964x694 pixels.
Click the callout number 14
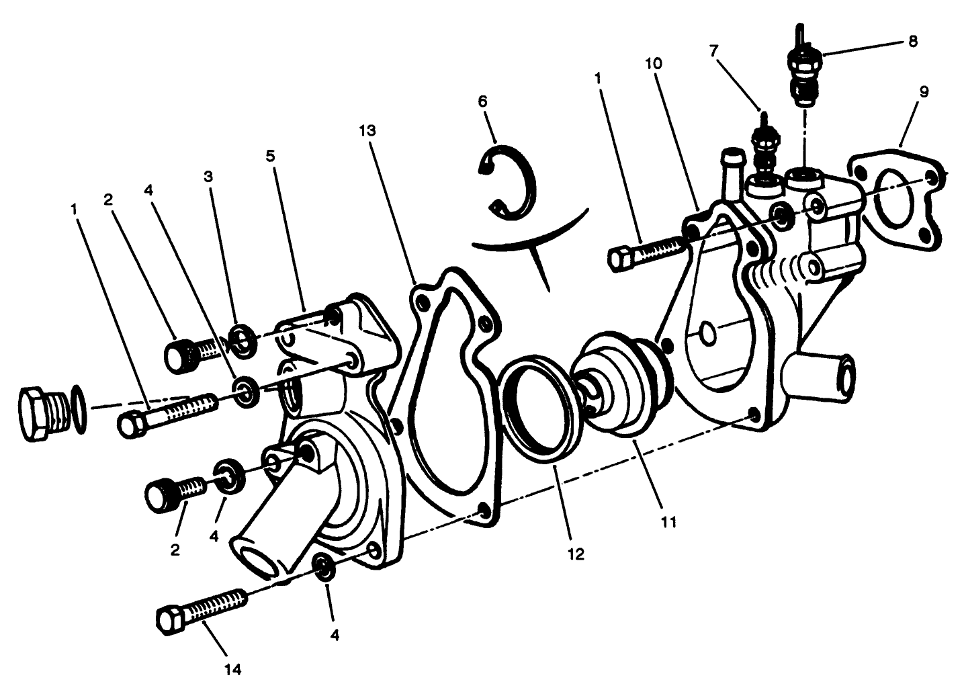point(233,669)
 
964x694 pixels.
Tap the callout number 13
point(367,130)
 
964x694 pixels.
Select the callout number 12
point(576,554)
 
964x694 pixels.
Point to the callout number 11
point(668,522)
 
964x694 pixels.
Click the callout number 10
point(653,64)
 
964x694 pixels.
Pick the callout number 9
point(924,91)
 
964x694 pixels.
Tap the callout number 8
point(912,42)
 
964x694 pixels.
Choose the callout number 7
point(713,52)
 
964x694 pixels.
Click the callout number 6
point(482,101)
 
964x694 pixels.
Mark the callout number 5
point(270,156)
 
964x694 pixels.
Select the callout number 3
point(208,177)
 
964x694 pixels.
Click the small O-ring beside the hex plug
point(78,409)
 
